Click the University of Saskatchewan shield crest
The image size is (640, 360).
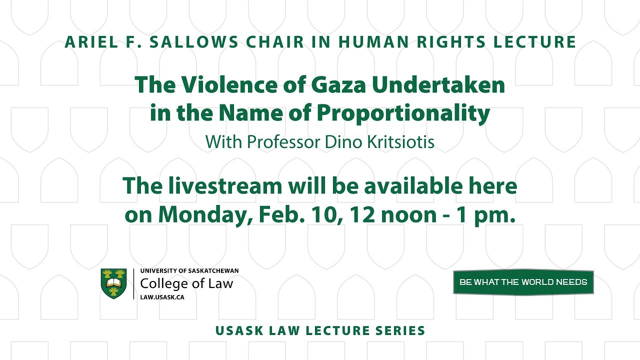click(113, 283)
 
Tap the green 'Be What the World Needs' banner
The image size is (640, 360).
click(523, 282)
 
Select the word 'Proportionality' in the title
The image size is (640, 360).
click(403, 113)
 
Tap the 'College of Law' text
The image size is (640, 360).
click(186, 283)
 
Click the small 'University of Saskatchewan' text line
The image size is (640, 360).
click(189, 270)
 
